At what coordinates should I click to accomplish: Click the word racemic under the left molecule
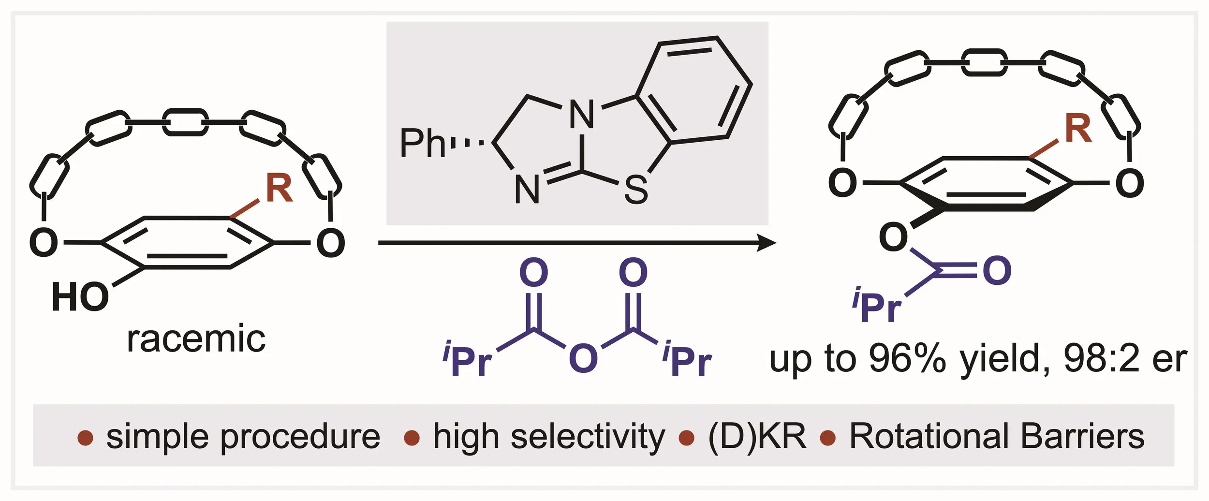pos(196,339)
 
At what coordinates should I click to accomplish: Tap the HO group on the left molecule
pos(80,297)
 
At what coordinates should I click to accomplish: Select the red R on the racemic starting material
pos(279,189)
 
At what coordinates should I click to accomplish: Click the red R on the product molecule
pos(1078,129)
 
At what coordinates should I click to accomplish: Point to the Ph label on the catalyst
pos(422,143)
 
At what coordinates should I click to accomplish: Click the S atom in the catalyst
pos(635,190)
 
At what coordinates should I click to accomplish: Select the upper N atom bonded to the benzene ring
pos(582,115)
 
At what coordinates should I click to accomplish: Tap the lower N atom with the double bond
pos(527,190)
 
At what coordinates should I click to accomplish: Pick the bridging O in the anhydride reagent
pos(583,359)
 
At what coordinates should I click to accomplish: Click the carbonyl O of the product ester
pos(997,271)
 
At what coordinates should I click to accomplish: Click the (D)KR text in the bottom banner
pos(757,436)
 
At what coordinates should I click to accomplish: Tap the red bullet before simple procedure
pos(85,438)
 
